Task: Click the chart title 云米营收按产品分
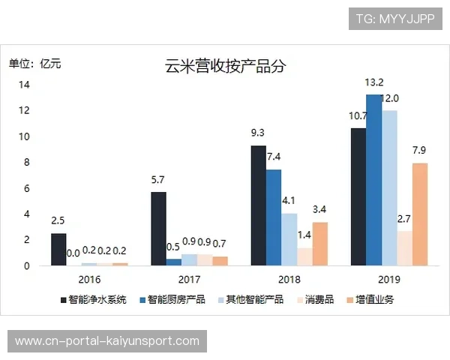pos(225,65)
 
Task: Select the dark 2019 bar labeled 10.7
pos(358,196)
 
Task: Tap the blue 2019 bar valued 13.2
pos(374,180)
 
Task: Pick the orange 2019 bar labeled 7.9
pos(421,214)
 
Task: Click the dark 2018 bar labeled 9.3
pos(258,205)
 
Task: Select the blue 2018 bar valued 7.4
pos(274,217)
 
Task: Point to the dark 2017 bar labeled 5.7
pos(158,229)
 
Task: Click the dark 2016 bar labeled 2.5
pos(58,249)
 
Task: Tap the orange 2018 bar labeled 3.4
pos(320,244)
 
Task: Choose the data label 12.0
pos(391,98)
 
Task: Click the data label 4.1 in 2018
pos(289,200)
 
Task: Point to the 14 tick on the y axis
pos(24,85)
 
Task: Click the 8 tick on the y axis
pos(26,162)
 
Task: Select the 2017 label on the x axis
pos(190,279)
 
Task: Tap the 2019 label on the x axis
pos(389,279)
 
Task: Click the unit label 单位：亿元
pos(35,63)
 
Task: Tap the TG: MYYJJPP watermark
pos(395,18)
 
